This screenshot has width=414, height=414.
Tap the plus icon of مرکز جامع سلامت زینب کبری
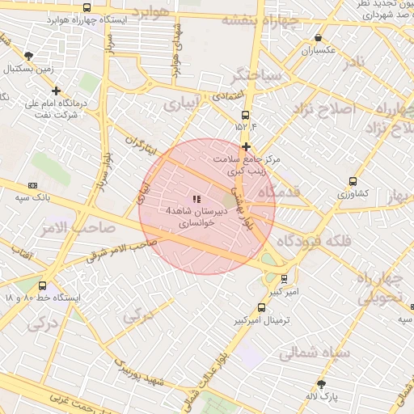click(246, 146)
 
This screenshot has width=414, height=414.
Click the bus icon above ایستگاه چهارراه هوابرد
click(87, 7)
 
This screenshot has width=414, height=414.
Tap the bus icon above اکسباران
click(319, 37)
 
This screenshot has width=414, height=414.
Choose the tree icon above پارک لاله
click(321, 384)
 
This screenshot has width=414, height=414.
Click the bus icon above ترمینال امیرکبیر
click(260, 307)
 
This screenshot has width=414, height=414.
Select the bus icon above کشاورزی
click(353, 181)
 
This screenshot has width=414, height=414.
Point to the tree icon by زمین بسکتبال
click(29, 56)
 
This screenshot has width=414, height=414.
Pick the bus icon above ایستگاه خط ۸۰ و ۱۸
click(42, 285)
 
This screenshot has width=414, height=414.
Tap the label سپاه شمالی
click(314, 353)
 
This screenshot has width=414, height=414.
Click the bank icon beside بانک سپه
click(32, 184)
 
